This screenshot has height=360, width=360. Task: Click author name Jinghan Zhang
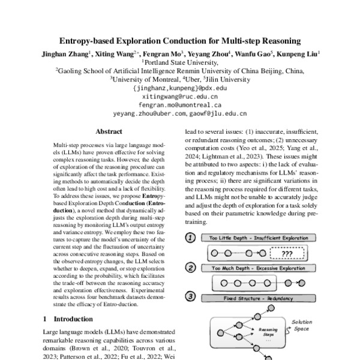point(66,53)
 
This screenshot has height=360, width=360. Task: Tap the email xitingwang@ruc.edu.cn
point(179,95)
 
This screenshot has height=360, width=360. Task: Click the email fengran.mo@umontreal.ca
point(179,104)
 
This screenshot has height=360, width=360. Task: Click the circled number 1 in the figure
point(191,236)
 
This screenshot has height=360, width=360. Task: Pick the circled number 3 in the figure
point(191,296)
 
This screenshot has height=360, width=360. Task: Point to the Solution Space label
point(301,326)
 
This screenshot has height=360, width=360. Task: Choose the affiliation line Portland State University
point(179,62)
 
